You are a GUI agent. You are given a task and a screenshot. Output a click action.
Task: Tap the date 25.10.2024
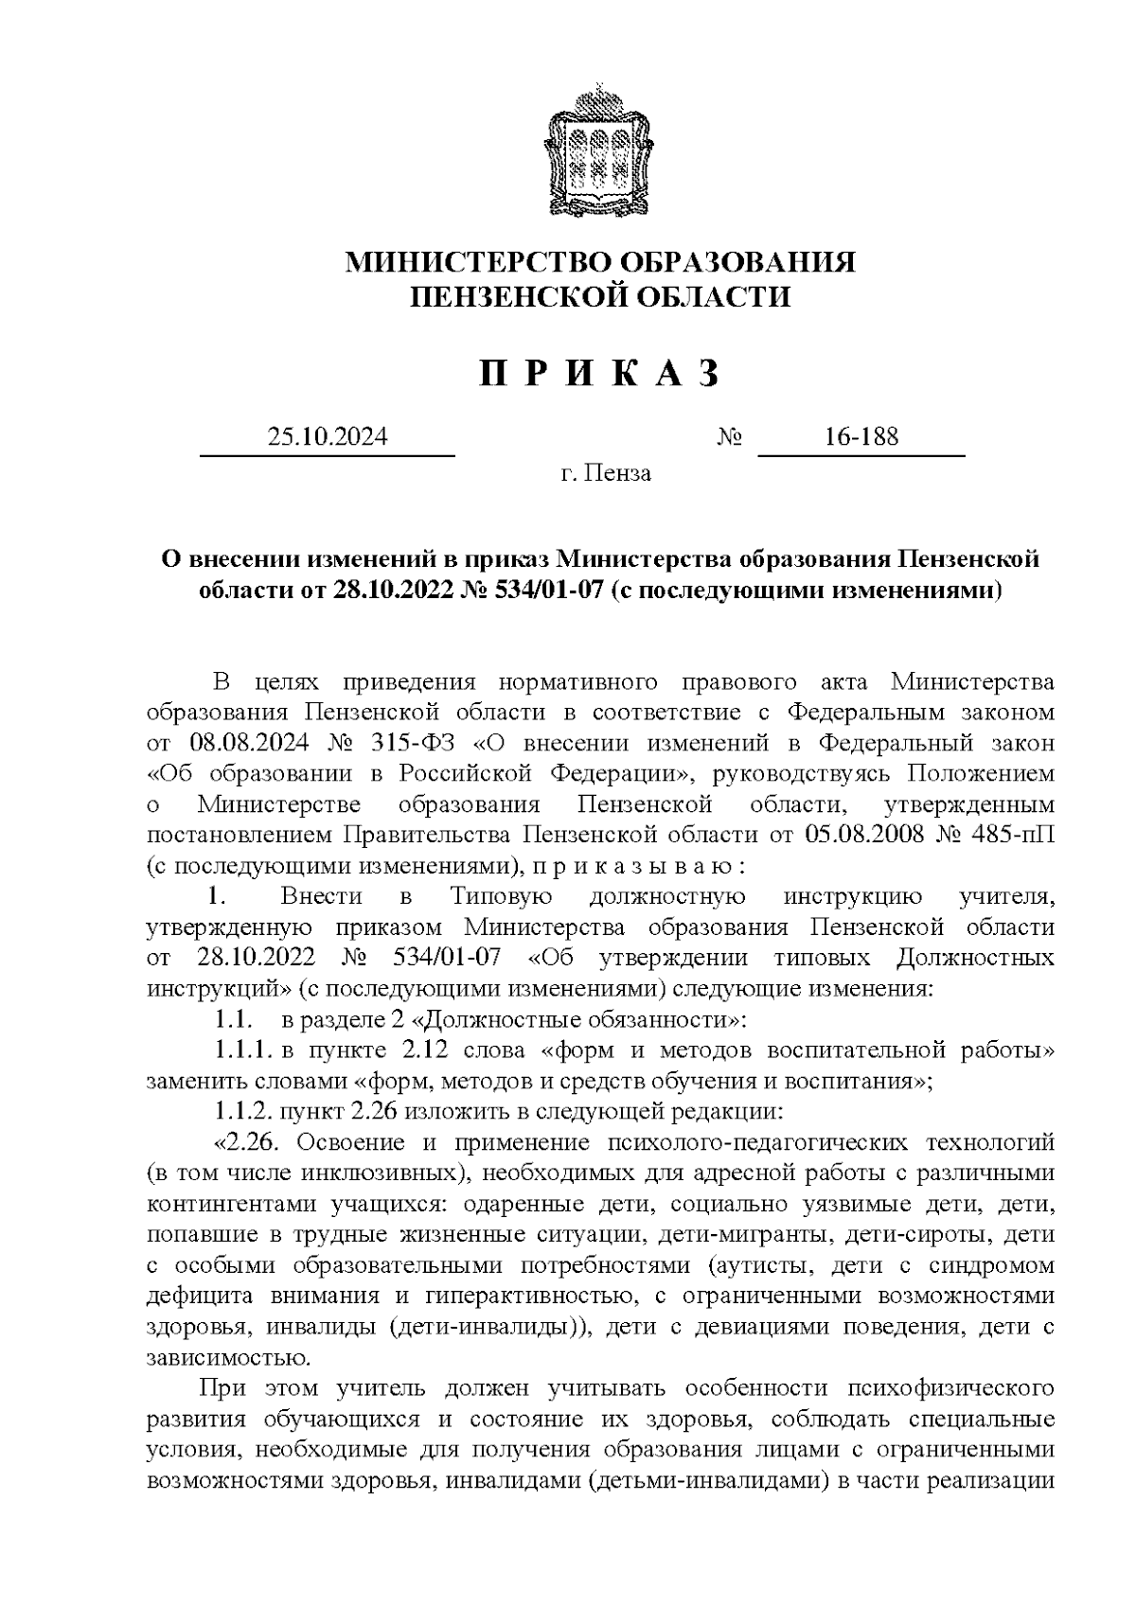pos(328,437)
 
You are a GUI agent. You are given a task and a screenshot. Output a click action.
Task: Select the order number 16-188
pos(861,437)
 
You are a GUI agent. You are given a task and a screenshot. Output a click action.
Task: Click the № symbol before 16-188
pos(728,438)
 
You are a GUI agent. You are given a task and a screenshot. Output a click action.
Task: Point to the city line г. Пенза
pos(605,472)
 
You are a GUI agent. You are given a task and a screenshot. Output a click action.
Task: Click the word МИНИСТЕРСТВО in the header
pos(466,262)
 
